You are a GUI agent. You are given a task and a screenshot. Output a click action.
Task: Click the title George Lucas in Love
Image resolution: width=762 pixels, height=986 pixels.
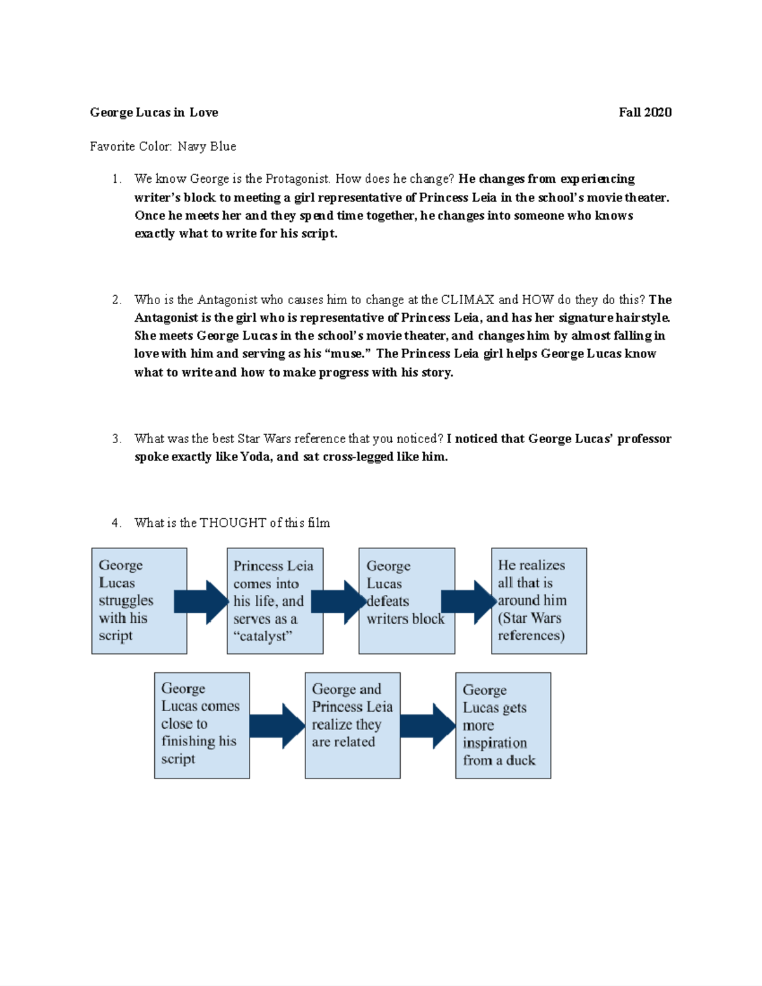(x=154, y=112)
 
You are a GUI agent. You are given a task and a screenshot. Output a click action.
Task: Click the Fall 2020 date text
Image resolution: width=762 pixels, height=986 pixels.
(x=645, y=112)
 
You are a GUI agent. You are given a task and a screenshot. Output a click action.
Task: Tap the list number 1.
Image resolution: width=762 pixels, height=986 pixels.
(x=116, y=179)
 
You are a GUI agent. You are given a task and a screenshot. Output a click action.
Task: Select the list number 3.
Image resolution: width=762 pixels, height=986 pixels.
(x=116, y=439)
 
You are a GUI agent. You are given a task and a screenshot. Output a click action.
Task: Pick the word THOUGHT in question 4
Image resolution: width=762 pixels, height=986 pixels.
(x=233, y=523)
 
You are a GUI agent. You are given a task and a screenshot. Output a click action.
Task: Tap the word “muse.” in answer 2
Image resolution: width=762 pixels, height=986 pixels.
(x=347, y=354)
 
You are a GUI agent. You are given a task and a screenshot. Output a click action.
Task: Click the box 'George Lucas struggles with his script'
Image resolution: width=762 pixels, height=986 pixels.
(x=139, y=601)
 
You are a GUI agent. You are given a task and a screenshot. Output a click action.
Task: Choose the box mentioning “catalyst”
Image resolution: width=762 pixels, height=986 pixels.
(x=275, y=601)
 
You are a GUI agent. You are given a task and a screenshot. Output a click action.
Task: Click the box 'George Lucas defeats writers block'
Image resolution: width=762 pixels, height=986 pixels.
(x=406, y=601)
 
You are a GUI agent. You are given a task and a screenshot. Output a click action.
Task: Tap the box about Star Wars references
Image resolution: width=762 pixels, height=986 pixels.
(x=538, y=601)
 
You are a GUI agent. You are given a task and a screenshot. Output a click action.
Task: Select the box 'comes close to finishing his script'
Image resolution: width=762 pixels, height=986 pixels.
(x=202, y=725)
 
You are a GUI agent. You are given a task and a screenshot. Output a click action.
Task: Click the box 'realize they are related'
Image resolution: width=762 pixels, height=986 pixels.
(x=352, y=725)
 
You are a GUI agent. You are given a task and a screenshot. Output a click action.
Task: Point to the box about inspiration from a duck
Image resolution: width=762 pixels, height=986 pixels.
(x=503, y=725)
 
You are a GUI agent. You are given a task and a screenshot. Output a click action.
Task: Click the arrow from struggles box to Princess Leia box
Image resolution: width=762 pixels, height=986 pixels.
(x=202, y=601)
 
